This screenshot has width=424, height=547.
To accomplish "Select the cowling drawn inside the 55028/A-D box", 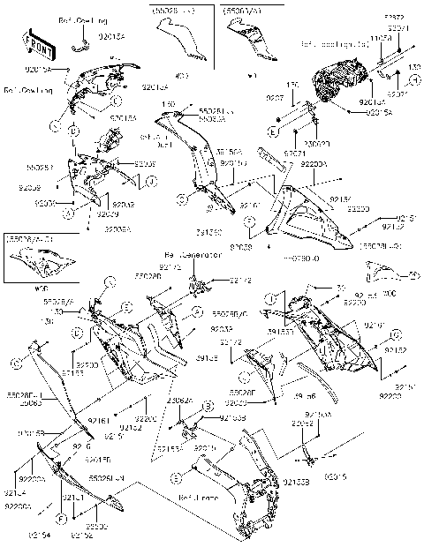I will point(38,261).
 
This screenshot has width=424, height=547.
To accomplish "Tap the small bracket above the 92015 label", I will point(309,453).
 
